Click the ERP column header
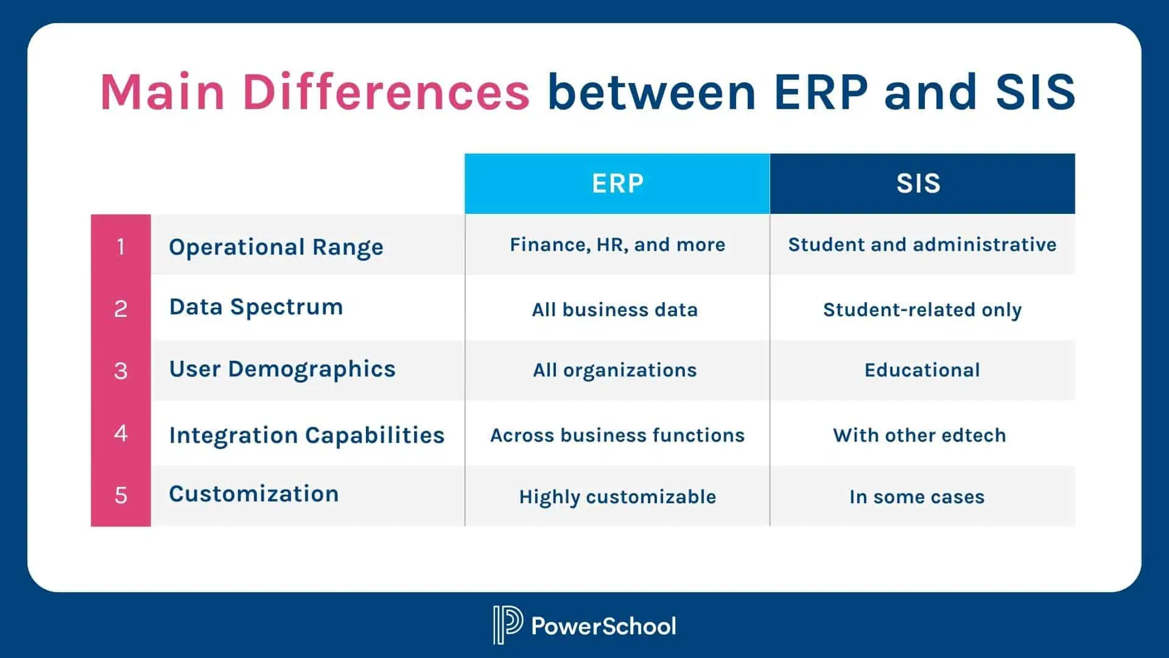(617, 183)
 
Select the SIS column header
(918, 183)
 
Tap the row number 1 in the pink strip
(121, 247)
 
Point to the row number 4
(121, 433)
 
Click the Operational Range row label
(276, 247)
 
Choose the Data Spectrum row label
(256, 306)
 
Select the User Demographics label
(282, 369)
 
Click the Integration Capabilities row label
(307, 435)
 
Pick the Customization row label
(253, 493)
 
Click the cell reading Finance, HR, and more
(617, 245)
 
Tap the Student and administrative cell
(922, 245)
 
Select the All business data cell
(615, 310)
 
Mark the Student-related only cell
(922, 310)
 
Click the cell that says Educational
(922, 370)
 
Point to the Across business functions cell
(617, 435)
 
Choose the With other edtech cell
(919, 435)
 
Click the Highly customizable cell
(617, 497)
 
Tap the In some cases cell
(917, 497)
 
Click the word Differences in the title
(386, 91)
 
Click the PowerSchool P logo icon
(507, 624)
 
